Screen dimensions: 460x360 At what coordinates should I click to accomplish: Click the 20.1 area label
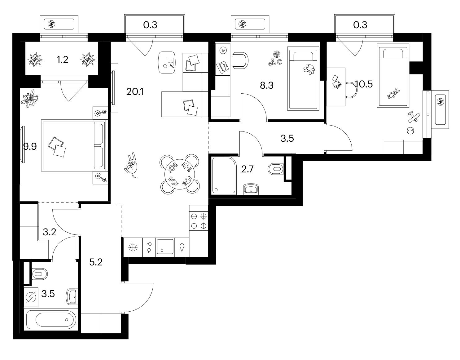135,92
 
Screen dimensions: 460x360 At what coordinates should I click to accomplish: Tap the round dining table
180,174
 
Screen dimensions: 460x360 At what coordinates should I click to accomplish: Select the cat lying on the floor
132,165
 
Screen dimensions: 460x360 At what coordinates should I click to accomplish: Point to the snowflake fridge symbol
133,247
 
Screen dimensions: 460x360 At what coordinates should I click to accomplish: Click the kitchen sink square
165,247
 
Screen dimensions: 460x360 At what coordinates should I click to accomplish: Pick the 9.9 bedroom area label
30,146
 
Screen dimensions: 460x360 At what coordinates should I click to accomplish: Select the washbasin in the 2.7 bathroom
251,189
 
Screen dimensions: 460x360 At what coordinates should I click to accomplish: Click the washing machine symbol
31,297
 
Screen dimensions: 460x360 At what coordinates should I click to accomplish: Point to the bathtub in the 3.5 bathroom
51,320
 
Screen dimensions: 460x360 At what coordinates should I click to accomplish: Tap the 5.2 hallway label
96,262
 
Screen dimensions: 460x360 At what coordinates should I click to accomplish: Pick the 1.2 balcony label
62,60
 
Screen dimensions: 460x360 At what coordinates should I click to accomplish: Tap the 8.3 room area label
267,85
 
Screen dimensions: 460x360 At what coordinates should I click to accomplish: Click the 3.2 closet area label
49,232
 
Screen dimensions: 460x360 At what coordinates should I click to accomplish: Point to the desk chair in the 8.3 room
240,60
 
